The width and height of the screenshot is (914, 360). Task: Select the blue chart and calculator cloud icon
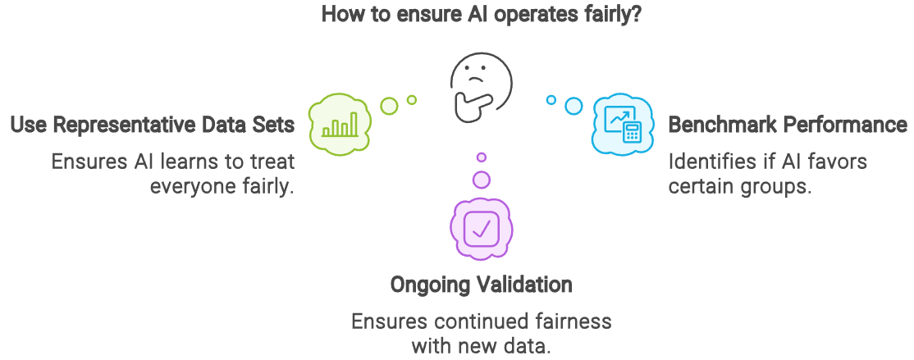point(622,124)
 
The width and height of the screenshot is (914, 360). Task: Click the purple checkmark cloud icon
point(481,228)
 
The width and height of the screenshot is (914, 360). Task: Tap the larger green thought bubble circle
point(390,105)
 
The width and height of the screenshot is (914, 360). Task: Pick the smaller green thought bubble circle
point(412,99)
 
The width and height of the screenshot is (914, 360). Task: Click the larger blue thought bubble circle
point(574,106)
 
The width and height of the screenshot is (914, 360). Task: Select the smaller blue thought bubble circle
point(551,100)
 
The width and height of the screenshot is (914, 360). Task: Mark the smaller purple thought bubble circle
point(482,157)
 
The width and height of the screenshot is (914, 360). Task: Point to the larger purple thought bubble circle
point(482,179)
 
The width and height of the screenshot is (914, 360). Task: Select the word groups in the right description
point(779,185)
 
